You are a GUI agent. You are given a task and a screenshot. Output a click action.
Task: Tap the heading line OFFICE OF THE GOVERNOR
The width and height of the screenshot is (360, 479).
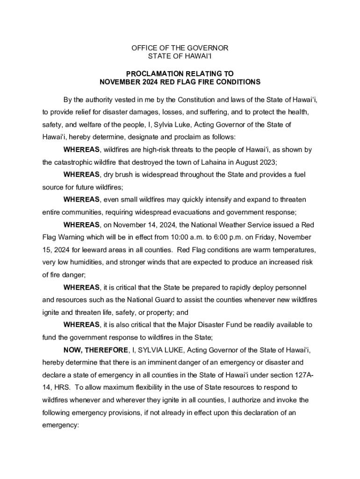click(x=180, y=48)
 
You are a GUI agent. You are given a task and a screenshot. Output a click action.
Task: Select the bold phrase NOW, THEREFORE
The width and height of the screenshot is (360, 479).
click(x=96, y=350)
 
